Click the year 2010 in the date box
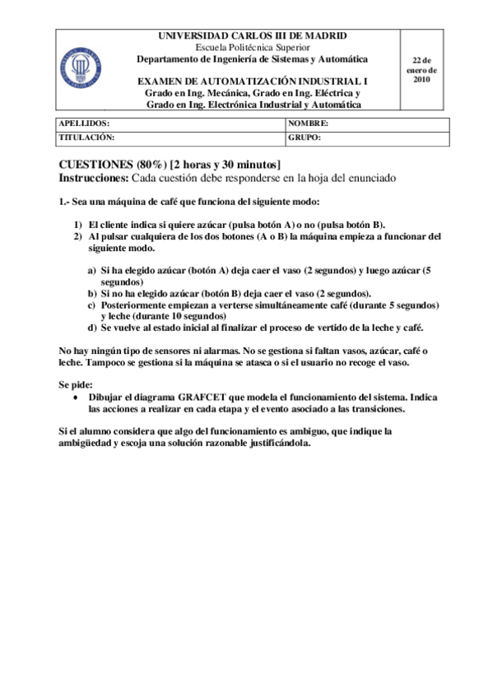421,80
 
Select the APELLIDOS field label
84,123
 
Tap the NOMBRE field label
309,123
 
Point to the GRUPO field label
305,137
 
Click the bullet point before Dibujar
77,398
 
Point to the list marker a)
92,270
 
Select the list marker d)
92,327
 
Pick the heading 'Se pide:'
76,384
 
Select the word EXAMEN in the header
159,81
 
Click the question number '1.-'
66,202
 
